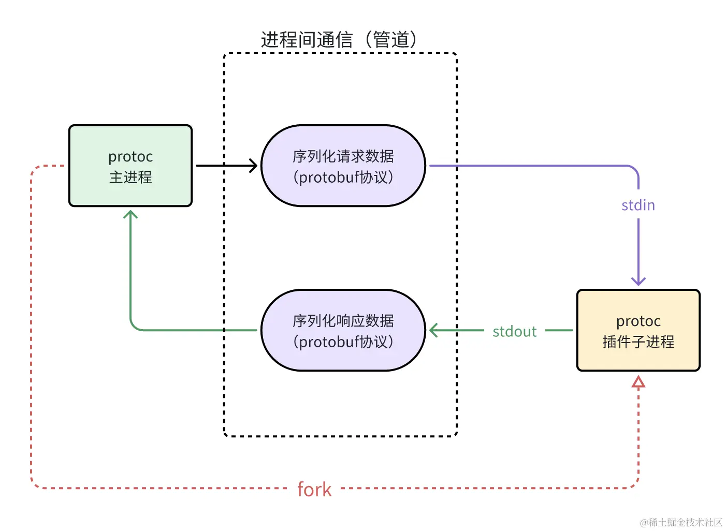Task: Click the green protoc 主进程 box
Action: pyautogui.click(x=130, y=166)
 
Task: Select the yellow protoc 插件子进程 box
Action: pyautogui.click(x=638, y=330)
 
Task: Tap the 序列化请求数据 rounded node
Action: pyautogui.click(x=343, y=166)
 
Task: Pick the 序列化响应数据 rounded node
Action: pyautogui.click(x=343, y=330)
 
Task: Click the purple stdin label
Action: pyautogui.click(x=638, y=205)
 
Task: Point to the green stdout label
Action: pyautogui.click(x=514, y=331)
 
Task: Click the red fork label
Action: pyautogui.click(x=314, y=489)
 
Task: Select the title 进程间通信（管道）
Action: pyautogui.click(x=339, y=39)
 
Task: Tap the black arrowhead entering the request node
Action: pyautogui.click(x=253, y=166)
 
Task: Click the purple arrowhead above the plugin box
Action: pyautogui.click(x=638, y=281)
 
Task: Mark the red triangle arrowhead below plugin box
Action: pyautogui.click(x=638, y=382)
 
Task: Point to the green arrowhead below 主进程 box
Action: pyautogui.click(x=130, y=214)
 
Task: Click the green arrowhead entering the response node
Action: pyautogui.click(x=434, y=330)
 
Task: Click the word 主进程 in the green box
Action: pyautogui.click(x=130, y=178)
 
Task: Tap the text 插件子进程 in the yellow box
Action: pyautogui.click(x=638, y=342)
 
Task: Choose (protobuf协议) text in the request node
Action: pyautogui.click(x=343, y=178)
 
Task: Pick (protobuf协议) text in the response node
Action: pyautogui.click(x=343, y=342)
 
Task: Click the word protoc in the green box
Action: pyautogui.click(x=130, y=156)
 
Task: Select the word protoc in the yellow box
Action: pyautogui.click(x=638, y=321)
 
